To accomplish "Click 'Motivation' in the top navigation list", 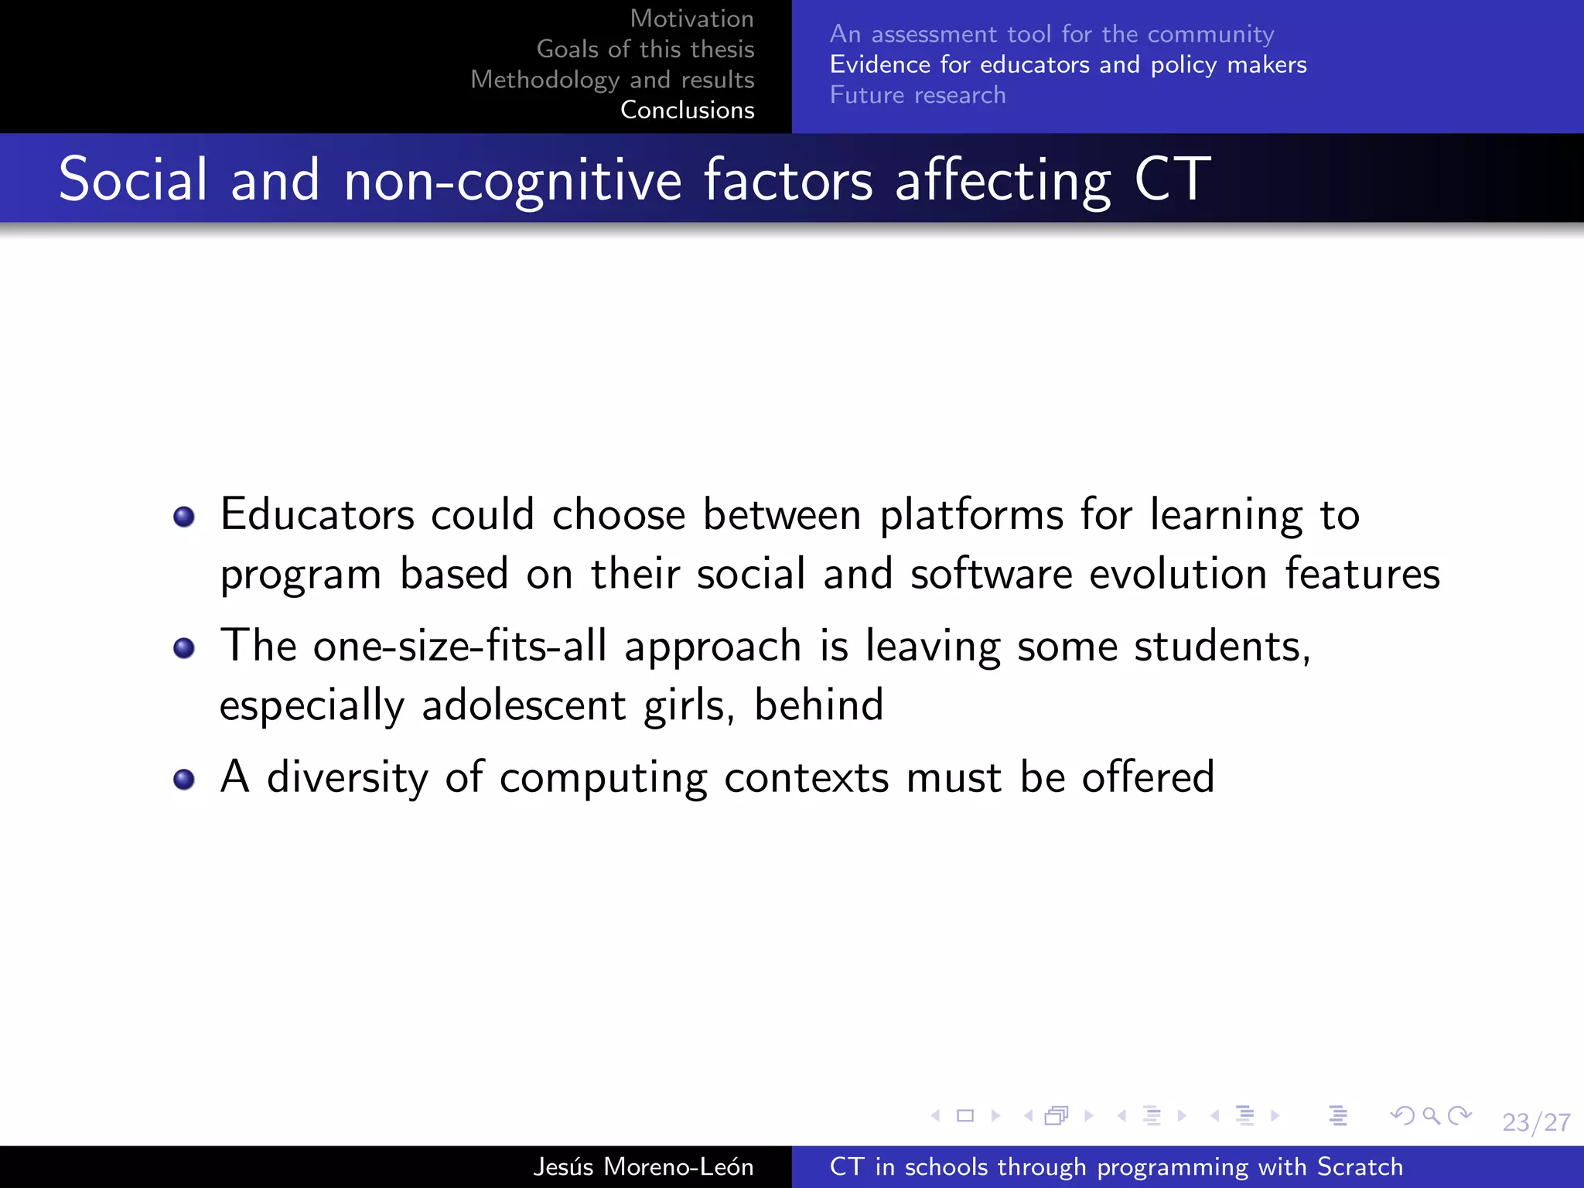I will (691, 19).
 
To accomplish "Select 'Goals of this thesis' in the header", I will (645, 49).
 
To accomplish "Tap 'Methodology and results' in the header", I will (612, 80).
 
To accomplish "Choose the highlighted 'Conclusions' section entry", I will (687, 111).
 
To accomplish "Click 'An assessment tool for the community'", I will (1051, 34).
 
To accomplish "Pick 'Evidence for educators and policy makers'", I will (1067, 65).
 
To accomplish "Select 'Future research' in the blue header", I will (917, 95).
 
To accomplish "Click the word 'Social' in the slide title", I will (133, 179).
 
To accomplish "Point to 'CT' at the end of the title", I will (1172, 179).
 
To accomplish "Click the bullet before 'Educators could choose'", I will (184, 516).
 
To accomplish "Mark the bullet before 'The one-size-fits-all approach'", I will (184, 647).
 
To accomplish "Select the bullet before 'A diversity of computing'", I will (184, 779).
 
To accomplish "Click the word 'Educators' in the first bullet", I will (317, 514).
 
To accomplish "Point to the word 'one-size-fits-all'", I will (459, 646).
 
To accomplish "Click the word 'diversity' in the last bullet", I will (347, 777).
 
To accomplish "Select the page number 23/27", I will (1536, 1122).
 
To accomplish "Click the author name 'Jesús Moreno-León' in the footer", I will (643, 1166).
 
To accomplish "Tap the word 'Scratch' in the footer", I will (1360, 1166).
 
